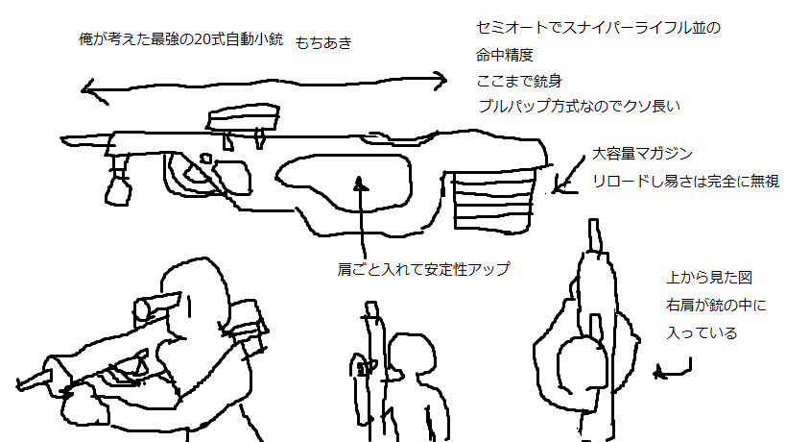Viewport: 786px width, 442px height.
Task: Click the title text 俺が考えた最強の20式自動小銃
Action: pyautogui.click(x=182, y=40)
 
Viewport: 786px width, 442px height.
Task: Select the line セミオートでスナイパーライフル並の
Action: pyautogui.click(x=598, y=28)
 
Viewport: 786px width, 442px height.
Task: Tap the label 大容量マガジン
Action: pyautogui.click(x=642, y=153)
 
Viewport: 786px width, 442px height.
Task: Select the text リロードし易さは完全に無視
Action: pyautogui.click(x=685, y=180)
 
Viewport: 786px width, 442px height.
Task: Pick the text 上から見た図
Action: pyautogui.click(x=708, y=279)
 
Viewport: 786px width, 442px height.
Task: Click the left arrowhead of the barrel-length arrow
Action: pyautogui.click(x=86, y=91)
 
